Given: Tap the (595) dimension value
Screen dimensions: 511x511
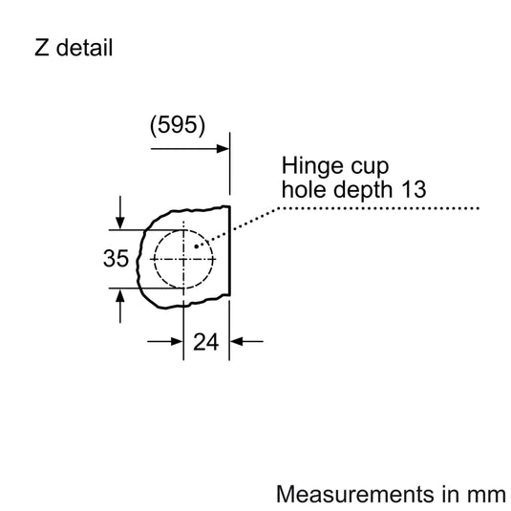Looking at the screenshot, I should point(177,124).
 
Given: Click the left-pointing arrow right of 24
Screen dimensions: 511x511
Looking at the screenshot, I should point(238,340).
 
